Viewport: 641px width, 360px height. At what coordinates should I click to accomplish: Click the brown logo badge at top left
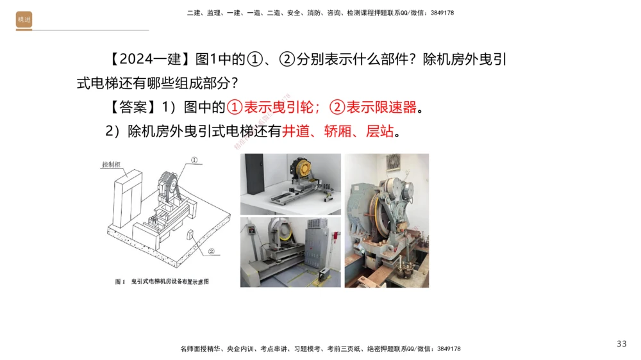[24, 20]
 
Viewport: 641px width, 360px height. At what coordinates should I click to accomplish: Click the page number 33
[621, 344]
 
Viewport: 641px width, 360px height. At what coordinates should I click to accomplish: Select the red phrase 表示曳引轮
[276, 107]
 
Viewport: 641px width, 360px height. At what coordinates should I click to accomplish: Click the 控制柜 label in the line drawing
[111, 165]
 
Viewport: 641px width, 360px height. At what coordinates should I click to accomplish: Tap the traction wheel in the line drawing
[172, 186]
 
